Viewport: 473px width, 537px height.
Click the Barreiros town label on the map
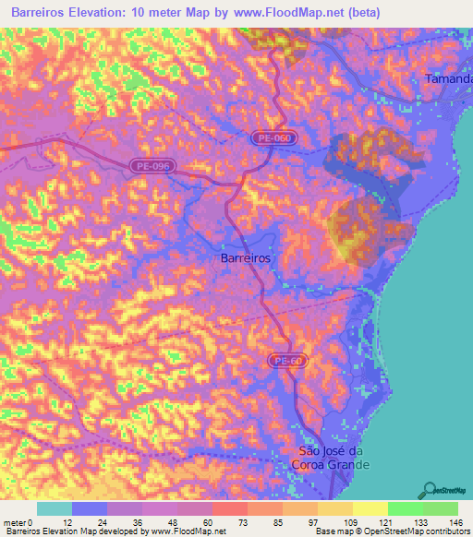tap(247, 259)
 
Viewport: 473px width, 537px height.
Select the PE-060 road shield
tap(275, 137)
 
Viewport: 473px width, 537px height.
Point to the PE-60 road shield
tap(290, 360)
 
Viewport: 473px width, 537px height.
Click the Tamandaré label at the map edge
tap(448, 79)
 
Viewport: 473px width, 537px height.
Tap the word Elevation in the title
tap(108, 14)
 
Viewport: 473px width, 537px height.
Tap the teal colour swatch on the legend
tap(55, 508)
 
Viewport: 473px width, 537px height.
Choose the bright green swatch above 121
tap(405, 508)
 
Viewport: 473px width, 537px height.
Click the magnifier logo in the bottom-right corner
tap(430, 490)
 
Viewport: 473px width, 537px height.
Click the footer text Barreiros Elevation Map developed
tap(69, 531)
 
